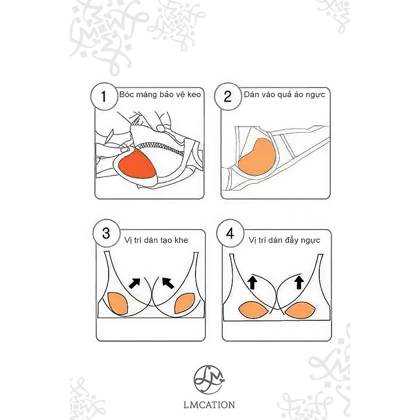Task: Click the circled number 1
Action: pos(104,96)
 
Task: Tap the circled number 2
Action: pos(228,96)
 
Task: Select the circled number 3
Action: pos(106,234)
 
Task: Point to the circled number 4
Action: pos(230,234)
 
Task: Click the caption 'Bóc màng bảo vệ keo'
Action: pos(160,95)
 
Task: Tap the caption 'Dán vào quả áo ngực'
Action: pos(284,95)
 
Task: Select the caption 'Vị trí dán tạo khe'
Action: pos(156,240)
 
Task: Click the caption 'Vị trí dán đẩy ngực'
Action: pos(284,240)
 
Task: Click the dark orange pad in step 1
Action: pos(137,165)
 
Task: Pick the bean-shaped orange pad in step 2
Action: pos(257,157)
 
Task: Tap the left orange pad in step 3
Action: pos(118,303)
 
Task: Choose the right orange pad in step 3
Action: pos(185,303)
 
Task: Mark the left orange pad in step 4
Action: pos(253,310)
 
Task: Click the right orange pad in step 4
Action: pos(300,310)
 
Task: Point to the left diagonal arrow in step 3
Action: pos(135,283)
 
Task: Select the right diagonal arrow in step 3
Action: pos(168,283)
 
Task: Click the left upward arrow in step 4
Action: pos(253,283)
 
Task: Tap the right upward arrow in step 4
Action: pos(299,283)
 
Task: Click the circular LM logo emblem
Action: pos(209,380)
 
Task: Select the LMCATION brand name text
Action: pos(209,405)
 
